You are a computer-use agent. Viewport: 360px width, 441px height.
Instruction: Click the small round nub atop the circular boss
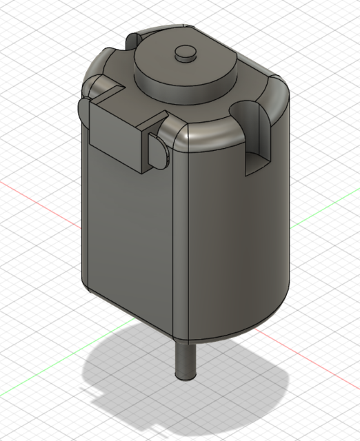pyautogui.click(x=185, y=52)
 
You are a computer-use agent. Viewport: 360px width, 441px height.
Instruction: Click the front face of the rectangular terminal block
pyautogui.click(x=117, y=138)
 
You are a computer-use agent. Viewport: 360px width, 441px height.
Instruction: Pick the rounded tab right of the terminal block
pyautogui.click(x=158, y=149)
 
